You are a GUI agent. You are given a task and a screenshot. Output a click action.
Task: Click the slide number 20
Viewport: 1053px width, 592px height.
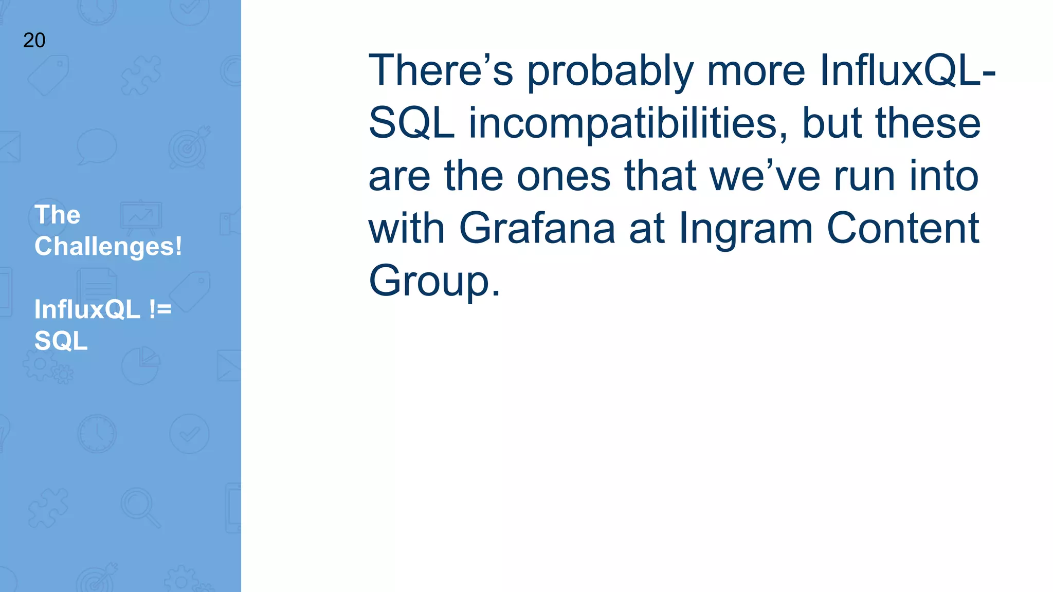click(x=34, y=40)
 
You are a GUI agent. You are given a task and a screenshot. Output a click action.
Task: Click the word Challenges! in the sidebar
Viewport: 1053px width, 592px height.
click(x=108, y=246)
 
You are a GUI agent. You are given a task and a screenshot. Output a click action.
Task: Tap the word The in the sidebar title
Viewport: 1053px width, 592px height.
click(x=57, y=214)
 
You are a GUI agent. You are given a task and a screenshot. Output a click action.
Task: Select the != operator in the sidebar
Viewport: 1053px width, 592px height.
click(x=160, y=309)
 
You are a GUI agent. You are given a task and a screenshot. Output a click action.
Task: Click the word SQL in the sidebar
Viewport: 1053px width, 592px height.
click(x=61, y=341)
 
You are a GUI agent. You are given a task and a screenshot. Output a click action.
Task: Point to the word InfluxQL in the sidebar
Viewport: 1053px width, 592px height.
click(x=87, y=309)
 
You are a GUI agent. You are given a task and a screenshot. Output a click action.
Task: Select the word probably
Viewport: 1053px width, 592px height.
click(x=610, y=71)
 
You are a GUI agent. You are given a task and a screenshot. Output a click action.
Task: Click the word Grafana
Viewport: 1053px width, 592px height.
click(x=537, y=228)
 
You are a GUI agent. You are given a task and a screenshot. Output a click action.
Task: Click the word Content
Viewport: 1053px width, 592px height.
click(x=902, y=228)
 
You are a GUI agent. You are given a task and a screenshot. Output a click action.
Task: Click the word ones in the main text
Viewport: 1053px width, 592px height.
click(x=564, y=176)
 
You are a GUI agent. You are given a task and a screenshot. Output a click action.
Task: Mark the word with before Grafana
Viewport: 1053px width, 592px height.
click(x=406, y=228)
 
